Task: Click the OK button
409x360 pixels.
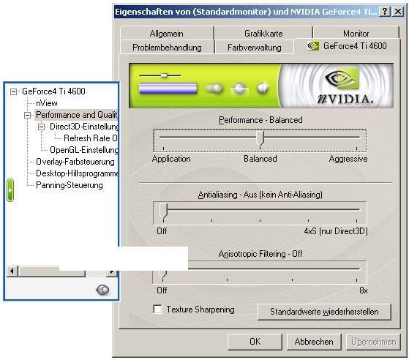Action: tap(255, 342)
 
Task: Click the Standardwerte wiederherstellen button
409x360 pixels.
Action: tap(324, 312)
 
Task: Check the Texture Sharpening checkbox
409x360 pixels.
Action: tap(157, 309)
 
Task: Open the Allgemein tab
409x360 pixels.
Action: tap(166, 34)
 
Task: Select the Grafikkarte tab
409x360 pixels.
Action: tap(263, 34)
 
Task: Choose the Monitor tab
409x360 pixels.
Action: tap(356, 34)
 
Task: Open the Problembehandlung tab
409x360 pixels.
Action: tap(167, 48)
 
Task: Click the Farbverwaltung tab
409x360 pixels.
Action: tap(255, 48)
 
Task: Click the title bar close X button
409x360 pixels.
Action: tap(398, 12)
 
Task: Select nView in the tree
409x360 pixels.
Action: tap(47, 103)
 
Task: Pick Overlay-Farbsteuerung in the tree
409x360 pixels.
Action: tap(75, 162)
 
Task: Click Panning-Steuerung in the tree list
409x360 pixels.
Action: tap(70, 185)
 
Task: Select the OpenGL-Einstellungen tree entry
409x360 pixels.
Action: tap(84, 150)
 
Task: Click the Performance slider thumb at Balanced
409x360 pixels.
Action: tap(260, 139)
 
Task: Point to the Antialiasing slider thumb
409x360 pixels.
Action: tap(163, 211)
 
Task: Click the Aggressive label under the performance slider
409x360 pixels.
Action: tap(348, 159)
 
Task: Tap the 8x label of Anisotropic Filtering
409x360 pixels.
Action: tap(364, 290)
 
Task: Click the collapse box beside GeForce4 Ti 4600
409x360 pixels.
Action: tap(13, 91)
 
